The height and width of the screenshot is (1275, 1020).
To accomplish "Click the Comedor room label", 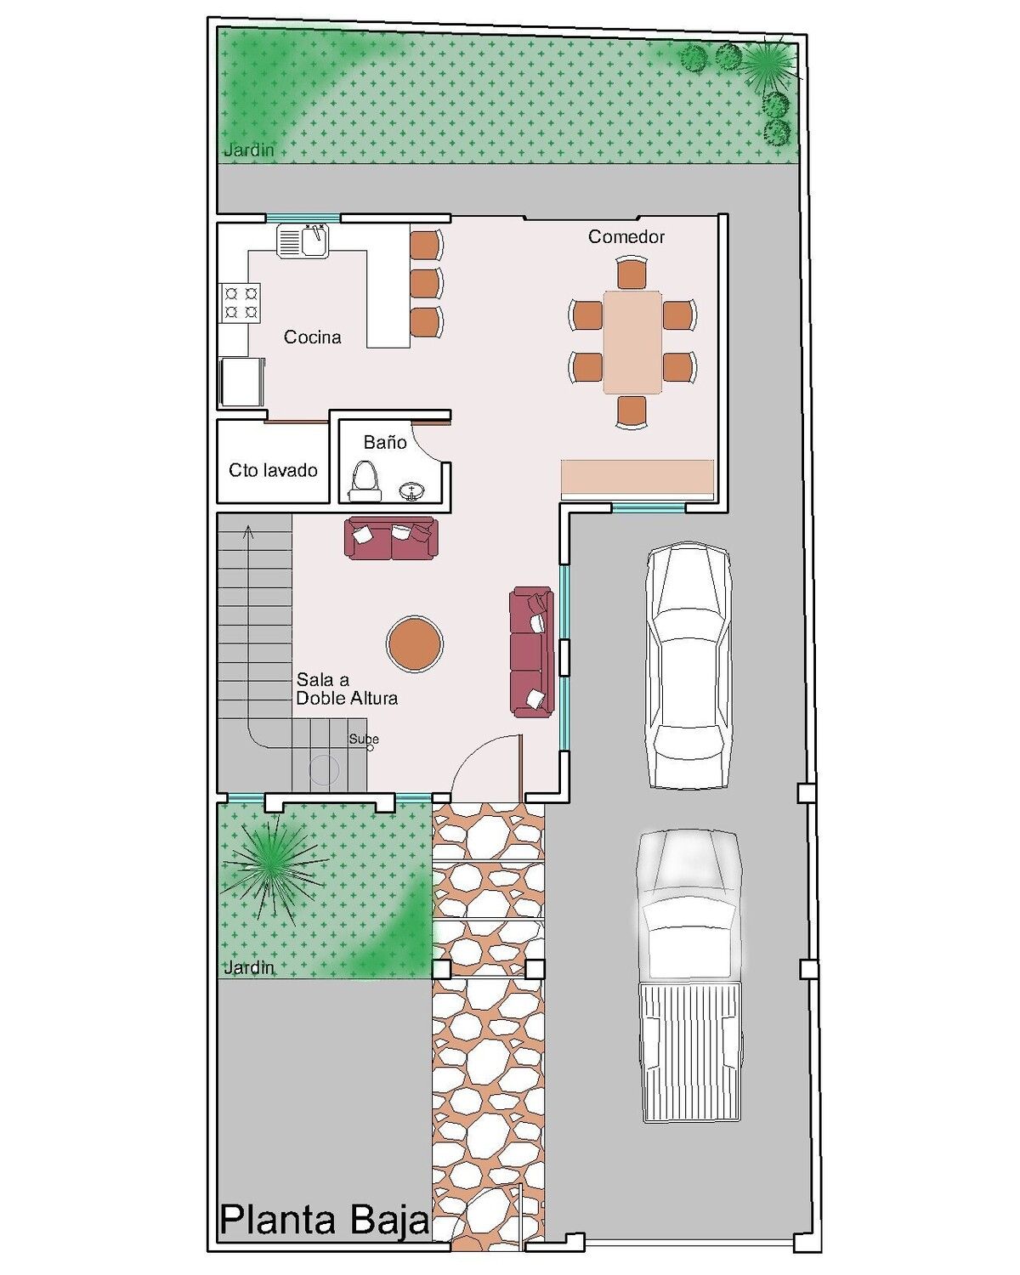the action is (626, 237).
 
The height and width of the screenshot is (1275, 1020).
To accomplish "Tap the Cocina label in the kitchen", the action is (312, 337).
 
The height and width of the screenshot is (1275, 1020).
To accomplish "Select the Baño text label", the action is (385, 442).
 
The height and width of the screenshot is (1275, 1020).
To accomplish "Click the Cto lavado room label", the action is (273, 470).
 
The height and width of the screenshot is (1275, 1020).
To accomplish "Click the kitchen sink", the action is (303, 240).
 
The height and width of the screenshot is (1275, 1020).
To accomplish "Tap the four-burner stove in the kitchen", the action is (241, 302).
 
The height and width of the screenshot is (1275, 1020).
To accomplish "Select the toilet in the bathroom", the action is (365, 479).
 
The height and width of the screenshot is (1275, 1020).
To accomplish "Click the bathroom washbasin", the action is (412, 490).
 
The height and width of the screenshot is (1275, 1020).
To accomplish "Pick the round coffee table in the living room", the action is (414, 644).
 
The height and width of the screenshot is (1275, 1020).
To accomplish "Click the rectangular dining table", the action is (632, 342).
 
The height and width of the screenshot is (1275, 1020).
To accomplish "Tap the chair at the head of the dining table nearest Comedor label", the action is (632, 272).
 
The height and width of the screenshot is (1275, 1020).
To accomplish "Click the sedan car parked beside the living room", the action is (688, 665).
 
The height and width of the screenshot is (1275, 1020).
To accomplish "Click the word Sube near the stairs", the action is (363, 738).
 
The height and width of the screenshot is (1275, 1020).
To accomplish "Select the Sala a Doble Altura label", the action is (347, 688).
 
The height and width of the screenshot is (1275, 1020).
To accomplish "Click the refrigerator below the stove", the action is (241, 382).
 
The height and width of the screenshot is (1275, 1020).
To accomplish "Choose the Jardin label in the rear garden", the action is (249, 150).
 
